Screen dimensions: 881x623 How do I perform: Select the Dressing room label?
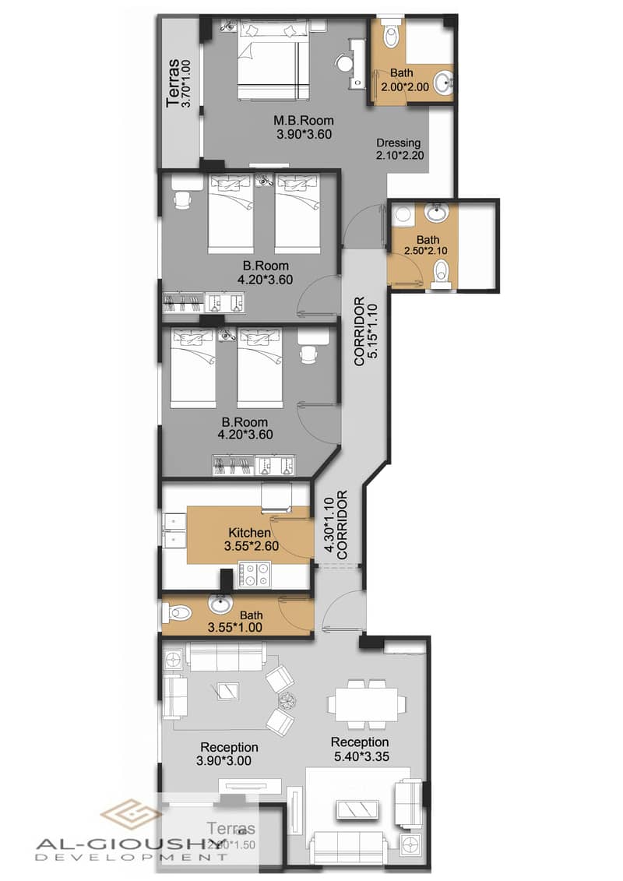(398, 143)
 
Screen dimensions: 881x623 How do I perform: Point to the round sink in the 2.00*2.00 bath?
(443, 83)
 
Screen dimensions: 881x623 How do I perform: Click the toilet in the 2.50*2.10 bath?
(442, 273)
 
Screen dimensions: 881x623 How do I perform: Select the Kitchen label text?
(249, 533)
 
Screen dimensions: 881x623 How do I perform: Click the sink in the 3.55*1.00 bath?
(221, 602)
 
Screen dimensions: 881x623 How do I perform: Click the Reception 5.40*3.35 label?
(359, 749)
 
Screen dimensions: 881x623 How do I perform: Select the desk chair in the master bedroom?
(343, 62)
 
